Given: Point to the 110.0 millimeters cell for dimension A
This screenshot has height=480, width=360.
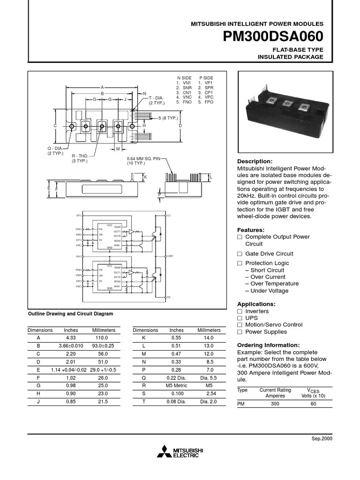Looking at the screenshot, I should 100,337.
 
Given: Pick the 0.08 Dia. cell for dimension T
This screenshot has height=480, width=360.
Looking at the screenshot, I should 176,402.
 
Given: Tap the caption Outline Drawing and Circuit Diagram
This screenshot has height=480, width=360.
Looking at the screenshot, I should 71,314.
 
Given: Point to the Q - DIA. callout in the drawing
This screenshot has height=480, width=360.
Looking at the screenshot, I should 58,148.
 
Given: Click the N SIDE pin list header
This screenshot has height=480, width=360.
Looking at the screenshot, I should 184,77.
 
